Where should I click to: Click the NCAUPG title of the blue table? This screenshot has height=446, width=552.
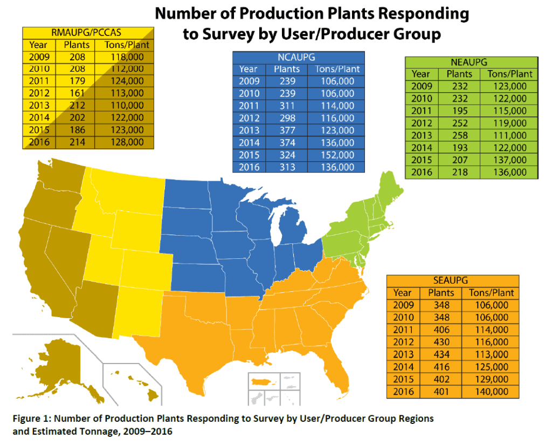point(296,57)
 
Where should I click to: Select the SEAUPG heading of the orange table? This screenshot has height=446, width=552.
point(450,280)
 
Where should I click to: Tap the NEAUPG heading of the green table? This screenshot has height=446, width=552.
point(469,63)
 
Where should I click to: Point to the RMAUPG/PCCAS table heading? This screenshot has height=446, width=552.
point(86,33)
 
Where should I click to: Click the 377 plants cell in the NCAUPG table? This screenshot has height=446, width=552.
point(287,131)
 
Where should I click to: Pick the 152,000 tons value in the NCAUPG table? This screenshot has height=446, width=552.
point(337,155)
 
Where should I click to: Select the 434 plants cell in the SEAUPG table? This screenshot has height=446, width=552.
point(441,354)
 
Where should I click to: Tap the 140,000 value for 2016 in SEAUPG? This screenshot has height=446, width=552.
point(492,392)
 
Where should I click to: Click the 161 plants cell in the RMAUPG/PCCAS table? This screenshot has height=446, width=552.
point(77,93)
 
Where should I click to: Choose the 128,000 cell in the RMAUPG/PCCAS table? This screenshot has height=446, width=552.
point(127,142)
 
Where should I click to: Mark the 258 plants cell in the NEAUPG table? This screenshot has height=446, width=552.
point(460,135)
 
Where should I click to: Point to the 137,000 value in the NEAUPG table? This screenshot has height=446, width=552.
point(510,160)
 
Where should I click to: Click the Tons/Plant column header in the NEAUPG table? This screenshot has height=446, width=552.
point(510,74)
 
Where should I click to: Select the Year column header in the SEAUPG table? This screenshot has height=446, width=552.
point(402,293)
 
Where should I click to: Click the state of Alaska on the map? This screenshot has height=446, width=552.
point(64,366)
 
